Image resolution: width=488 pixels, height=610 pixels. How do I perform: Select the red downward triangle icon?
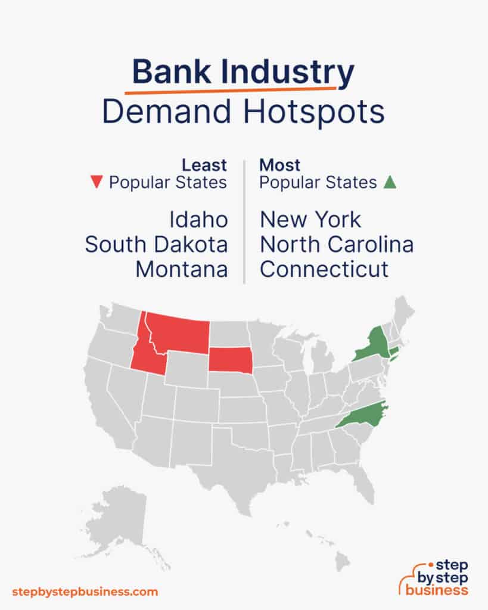coord(96,183)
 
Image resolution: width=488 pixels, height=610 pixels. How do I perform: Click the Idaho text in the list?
coord(198,220)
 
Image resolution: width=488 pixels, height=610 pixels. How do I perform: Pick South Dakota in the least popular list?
coord(156,244)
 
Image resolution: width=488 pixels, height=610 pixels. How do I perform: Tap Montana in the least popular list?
coord(181,269)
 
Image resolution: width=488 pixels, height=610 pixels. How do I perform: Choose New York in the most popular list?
coord(310,220)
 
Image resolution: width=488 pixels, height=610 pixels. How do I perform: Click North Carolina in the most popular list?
coord(337,244)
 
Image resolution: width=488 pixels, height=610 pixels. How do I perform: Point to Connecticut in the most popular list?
coord(324,269)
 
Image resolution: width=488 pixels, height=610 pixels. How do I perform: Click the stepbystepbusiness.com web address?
coord(85,592)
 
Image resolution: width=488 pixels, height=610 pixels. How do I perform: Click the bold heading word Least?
coord(204,164)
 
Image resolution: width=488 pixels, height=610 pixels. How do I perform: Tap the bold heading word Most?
coord(280,164)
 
